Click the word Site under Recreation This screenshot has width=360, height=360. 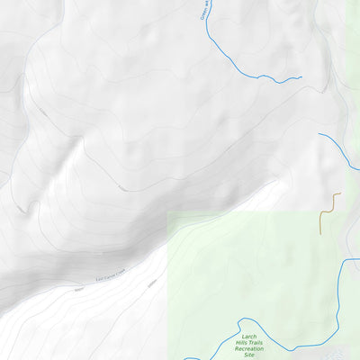coord(249,355)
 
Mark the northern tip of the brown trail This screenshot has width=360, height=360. coord(341,193)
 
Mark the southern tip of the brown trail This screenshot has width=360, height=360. coord(320,235)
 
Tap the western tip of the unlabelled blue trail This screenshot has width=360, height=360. coord(319,135)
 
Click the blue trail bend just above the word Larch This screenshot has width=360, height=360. coord(241,320)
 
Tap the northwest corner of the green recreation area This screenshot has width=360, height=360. coord(169,213)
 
